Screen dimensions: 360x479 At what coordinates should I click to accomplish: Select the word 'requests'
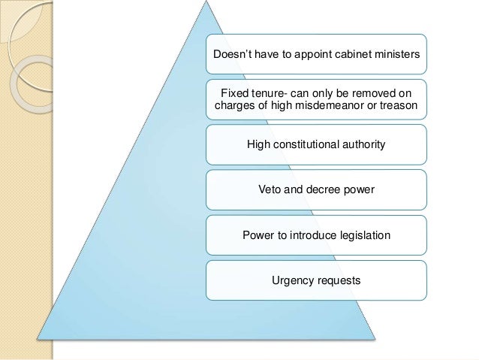click(x=338, y=280)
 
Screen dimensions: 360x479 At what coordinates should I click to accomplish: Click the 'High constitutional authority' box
click(x=315, y=144)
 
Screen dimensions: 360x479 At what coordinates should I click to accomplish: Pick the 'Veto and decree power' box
click(x=315, y=189)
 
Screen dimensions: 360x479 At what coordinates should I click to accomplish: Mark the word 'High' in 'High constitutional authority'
click(x=259, y=144)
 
